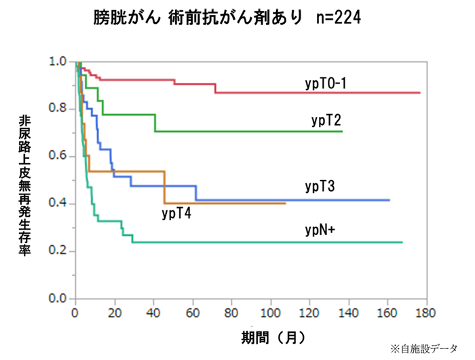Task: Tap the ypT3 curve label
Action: click(321, 185)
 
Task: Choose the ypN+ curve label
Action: click(321, 230)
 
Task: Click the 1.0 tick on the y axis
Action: click(58, 62)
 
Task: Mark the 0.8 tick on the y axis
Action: click(58, 109)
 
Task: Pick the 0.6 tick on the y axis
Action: click(58, 156)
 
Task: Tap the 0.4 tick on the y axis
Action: click(58, 204)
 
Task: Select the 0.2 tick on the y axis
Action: click(58, 251)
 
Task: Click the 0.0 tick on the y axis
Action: click(58, 299)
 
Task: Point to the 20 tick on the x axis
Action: click(114, 315)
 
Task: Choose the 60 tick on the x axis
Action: click(192, 315)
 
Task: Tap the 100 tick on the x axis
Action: click(270, 315)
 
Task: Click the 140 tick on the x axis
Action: click(348, 315)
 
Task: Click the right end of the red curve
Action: click(420, 92)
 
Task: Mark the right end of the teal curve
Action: click(402, 242)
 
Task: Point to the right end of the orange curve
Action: click(285, 203)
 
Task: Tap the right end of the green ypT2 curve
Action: click(342, 131)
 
